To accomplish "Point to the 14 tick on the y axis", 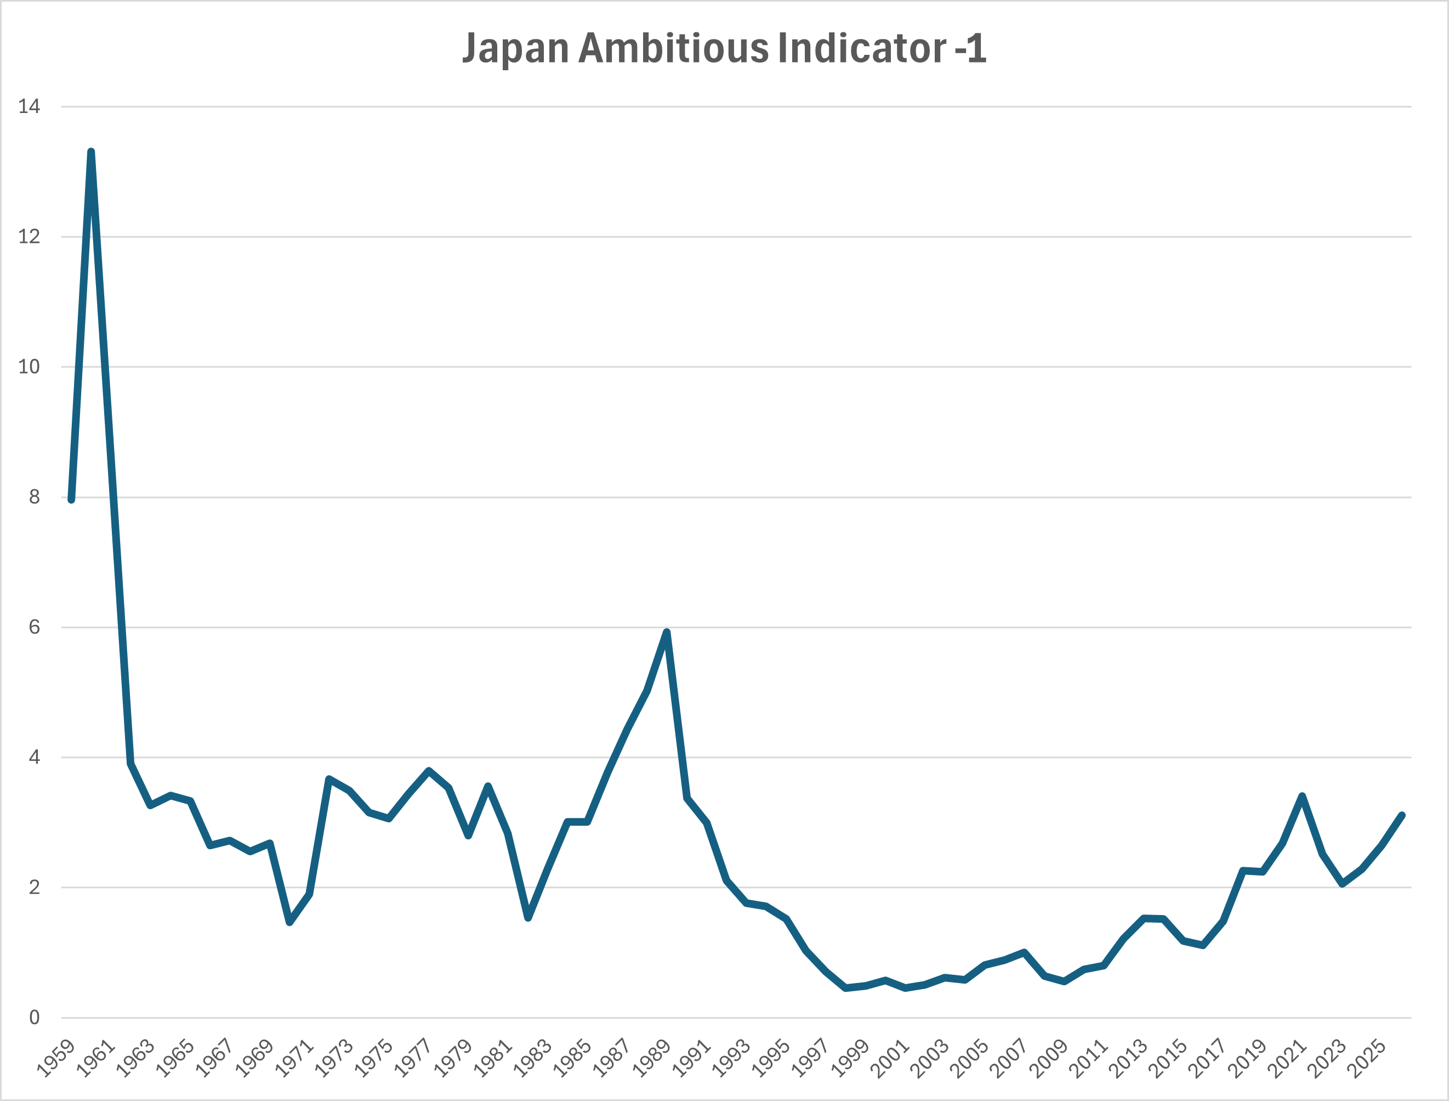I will click(x=30, y=106).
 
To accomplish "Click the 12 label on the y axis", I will click(x=30, y=236).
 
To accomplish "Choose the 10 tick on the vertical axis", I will click(x=30, y=367).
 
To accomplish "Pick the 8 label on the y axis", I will click(x=34, y=498).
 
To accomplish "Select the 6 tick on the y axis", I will click(x=34, y=627).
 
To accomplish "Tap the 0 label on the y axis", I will click(x=34, y=1018).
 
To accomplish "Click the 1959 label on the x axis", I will click(x=56, y=1057).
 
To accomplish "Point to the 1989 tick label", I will click(x=652, y=1057).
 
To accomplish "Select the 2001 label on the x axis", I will click(x=891, y=1057).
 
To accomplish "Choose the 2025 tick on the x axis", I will click(x=1368, y=1057).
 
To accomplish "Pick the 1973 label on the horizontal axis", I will click(x=334, y=1057).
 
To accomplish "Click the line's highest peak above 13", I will click(x=91, y=152).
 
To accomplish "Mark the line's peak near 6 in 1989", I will click(x=667, y=632).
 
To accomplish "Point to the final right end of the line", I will click(x=1402, y=815).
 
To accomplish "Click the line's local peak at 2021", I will click(x=1302, y=795).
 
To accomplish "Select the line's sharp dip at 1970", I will click(x=289, y=922).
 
